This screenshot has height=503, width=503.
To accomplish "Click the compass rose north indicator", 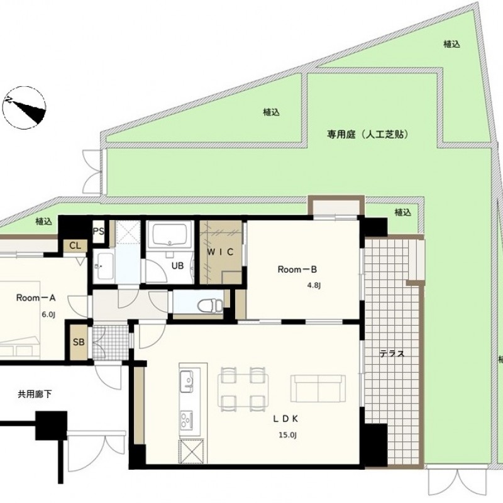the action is pyautogui.click(x=24, y=108).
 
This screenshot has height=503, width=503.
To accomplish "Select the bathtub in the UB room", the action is pyautogui.click(x=170, y=235).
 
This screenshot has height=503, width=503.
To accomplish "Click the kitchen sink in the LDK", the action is pyautogui.click(x=187, y=381).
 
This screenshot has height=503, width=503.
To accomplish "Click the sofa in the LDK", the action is pyautogui.click(x=318, y=388).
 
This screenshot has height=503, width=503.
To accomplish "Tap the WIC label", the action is pyautogui.click(x=220, y=252).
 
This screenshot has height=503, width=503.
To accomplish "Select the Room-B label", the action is pyautogui.click(x=297, y=270).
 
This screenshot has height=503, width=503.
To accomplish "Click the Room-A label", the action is pyautogui.click(x=36, y=298).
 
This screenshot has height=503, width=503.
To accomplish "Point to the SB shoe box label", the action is pyautogui.click(x=79, y=342).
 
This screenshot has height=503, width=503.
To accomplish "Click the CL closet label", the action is pyautogui.click(x=75, y=246).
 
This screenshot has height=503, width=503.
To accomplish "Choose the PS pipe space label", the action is pyautogui.click(x=99, y=231).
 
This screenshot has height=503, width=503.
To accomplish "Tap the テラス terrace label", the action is pyautogui.click(x=392, y=353).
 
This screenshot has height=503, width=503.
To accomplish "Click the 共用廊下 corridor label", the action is pyautogui.click(x=35, y=394).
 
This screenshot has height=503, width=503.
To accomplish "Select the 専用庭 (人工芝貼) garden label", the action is pyautogui.click(x=368, y=134).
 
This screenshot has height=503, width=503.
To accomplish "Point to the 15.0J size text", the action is pyautogui.click(x=288, y=435).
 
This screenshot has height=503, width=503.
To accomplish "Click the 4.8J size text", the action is pyautogui.click(x=313, y=285).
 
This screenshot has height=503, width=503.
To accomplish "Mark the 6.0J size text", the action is pyautogui.click(x=48, y=315).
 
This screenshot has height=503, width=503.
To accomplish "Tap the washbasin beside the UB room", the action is pyautogui.click(x=105, y=266).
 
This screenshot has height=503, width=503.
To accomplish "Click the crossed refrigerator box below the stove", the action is pyautogui.click(x=191, y=452).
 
